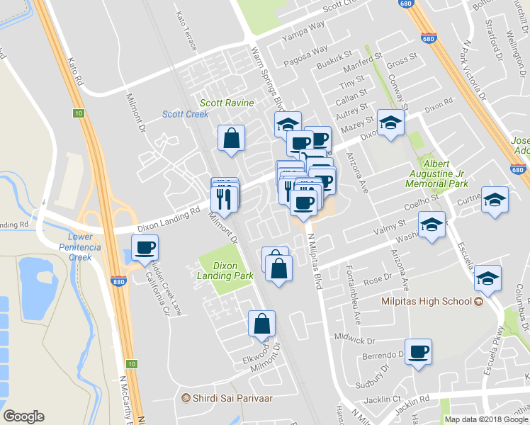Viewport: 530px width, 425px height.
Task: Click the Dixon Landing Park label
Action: pos(225,270)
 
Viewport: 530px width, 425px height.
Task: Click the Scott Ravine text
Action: pos(226,103)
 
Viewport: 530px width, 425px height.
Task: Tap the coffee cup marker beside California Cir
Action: pos(145,249)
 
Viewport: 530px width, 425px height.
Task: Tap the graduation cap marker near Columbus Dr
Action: pos(488,279)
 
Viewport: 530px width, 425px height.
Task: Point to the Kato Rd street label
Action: pos(76,73)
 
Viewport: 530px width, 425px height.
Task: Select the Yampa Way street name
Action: pos(303,30)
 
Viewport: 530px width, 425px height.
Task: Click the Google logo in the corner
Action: pos(23,416)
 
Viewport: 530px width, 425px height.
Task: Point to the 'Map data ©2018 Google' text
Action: pos(485,419)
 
